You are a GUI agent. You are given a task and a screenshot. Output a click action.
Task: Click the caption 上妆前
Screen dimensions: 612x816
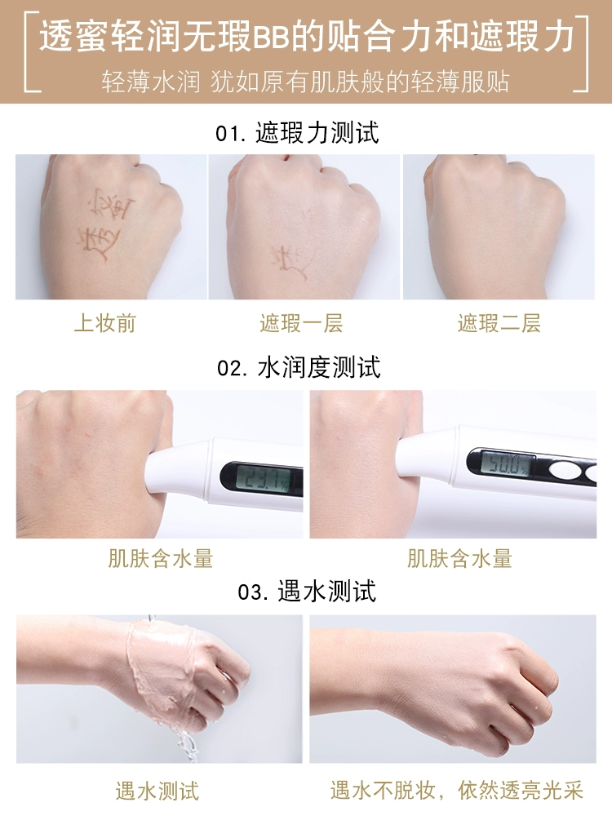click(104, 323)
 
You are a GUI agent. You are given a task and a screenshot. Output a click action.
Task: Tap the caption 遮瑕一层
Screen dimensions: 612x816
click(301, 323)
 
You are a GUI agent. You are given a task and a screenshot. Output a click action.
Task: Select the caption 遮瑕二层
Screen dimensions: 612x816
click(499, 323)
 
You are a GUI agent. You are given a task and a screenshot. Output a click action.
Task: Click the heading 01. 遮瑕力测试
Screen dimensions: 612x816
click(297, 133)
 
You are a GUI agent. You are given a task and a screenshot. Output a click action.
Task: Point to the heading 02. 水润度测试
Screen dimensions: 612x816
click(299, 367)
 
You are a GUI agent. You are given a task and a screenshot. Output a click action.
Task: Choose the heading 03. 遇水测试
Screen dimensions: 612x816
click(307, 592)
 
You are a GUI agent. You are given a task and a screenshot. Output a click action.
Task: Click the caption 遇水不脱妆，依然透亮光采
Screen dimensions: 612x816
click(456, 791)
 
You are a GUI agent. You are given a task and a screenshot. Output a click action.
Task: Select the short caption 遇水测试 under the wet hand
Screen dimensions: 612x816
click(157, 791)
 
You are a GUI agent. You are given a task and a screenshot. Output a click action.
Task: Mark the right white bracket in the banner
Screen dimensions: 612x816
click(581, 54)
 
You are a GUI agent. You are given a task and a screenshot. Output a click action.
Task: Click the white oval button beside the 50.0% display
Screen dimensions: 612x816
click(565, 472)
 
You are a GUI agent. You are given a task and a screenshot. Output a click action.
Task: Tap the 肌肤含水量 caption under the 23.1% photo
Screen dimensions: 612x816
click(160, 558)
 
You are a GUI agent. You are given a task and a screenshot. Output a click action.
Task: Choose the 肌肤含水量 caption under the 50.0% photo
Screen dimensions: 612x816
click(459, 558)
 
